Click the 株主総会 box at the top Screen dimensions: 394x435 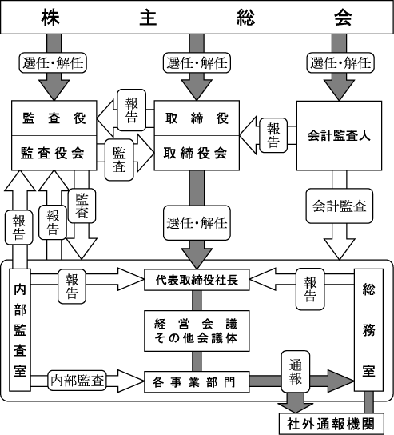coord(197,18)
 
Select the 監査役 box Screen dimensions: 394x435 coord(54,118)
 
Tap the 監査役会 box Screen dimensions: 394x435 coord(54,153)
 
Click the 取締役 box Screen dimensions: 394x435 coord(197,118)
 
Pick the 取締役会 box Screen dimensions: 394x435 coord(197,153)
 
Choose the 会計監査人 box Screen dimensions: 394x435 coord(339,135)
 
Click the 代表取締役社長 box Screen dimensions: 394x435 coord(197,280)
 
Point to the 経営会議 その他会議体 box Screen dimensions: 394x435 coord(197,331)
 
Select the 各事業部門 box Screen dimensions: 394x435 coord(197,382)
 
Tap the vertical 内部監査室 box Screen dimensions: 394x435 coord(20,330)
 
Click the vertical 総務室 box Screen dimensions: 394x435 coord(368,330)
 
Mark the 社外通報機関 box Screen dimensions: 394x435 coord(332,424)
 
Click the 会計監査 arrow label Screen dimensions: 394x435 coord(340,206)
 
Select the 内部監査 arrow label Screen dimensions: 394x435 coord(77,381)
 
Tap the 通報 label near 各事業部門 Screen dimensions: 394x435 coord(296,372)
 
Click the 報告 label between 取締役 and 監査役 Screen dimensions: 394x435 coord(131,110)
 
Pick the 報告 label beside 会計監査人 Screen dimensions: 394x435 coord(273,135)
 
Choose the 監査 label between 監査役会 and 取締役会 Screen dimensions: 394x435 coord(119,160)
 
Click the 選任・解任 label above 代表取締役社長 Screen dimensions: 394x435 coord(197,223)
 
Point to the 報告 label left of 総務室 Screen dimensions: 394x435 coord(310,289)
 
